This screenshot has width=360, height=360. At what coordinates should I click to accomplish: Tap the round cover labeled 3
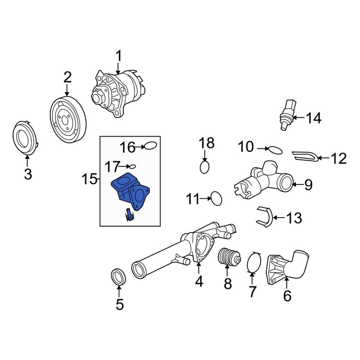25,139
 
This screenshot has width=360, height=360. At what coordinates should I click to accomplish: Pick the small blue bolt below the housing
129,215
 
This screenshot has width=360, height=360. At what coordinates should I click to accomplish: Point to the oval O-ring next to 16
150,146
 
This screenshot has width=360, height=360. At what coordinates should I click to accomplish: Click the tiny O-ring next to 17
132,166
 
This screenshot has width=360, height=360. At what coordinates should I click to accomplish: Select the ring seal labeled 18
204,167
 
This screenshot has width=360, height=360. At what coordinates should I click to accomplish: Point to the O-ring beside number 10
275,149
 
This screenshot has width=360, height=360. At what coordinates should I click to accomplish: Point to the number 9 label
308,185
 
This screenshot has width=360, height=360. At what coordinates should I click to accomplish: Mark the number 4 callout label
199,281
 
